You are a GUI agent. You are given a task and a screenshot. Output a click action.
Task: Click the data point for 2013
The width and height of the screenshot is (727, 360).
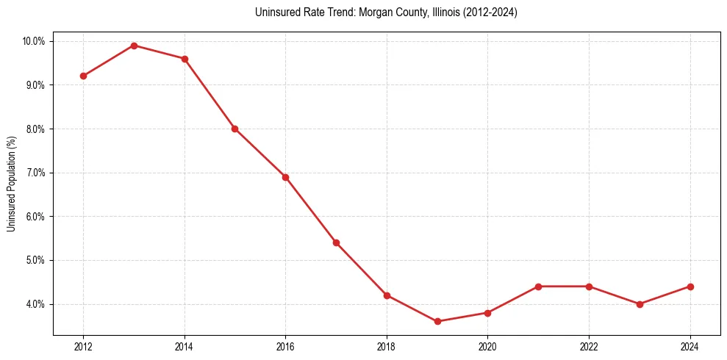pos(134,46)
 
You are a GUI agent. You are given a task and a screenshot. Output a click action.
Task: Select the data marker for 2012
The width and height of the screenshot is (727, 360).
pos(83,76)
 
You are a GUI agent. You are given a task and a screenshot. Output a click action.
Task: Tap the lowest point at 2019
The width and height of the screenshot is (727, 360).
pos(437,321)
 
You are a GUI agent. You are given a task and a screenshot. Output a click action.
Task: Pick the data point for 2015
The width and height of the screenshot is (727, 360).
pos(234,129)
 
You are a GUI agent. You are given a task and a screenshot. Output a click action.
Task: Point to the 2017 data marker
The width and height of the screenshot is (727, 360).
pos(336,242)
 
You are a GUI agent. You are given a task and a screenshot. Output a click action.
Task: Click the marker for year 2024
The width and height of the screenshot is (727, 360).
pos(690,287)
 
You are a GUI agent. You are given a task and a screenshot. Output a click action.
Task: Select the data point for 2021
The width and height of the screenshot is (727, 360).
pos(538,287)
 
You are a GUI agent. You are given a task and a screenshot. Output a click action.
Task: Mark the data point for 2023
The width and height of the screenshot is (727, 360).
pos(640,304)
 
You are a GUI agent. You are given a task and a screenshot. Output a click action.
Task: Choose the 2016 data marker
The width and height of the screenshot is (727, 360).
pos(285,177)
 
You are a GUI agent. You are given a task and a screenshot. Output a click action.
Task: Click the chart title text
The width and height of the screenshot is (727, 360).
pos(386,12)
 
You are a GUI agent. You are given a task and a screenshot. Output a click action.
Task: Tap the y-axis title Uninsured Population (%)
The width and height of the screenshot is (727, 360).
pos(11,184)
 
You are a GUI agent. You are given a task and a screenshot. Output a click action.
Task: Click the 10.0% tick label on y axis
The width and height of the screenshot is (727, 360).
pos(33,41)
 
